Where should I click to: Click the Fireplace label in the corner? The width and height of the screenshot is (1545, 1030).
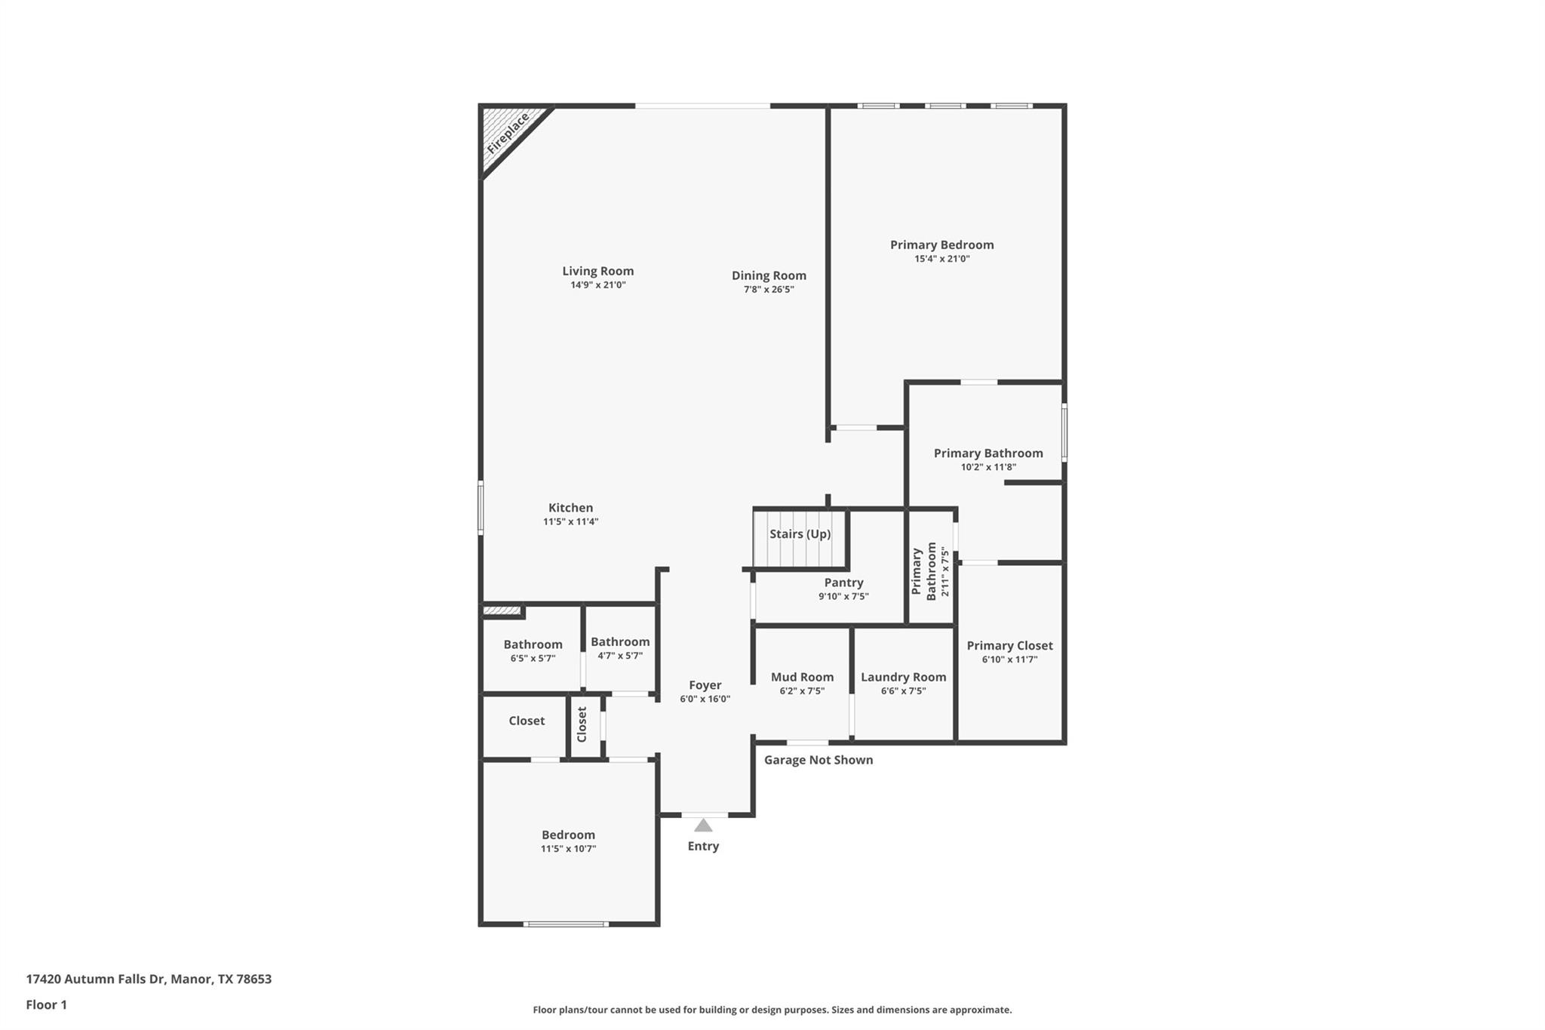508,134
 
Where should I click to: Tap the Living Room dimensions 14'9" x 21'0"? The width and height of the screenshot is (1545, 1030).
597,285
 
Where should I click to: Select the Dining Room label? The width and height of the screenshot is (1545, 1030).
769,275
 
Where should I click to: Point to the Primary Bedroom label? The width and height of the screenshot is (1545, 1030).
941,244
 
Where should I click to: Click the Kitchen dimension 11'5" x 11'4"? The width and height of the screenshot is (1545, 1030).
570,521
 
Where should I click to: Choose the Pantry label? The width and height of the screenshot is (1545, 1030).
843,583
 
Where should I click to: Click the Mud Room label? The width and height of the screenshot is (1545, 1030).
802,677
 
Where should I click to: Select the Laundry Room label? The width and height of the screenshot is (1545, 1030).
903,677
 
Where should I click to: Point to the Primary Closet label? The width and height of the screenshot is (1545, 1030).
1009,645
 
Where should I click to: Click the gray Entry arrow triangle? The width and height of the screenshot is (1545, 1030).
703,826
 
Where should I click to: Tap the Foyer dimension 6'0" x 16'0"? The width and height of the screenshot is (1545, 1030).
705,699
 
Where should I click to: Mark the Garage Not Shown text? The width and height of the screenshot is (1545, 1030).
818,760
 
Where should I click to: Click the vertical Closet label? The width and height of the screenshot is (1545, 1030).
582,724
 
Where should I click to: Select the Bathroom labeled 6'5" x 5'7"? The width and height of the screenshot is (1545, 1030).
533,644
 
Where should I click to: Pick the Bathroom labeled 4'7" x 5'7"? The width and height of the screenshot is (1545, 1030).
619,641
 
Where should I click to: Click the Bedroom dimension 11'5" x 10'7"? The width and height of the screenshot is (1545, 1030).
568,848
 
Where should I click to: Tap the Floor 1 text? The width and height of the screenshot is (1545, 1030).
46,1004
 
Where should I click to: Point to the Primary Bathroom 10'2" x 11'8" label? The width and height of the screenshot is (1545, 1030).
988,453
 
